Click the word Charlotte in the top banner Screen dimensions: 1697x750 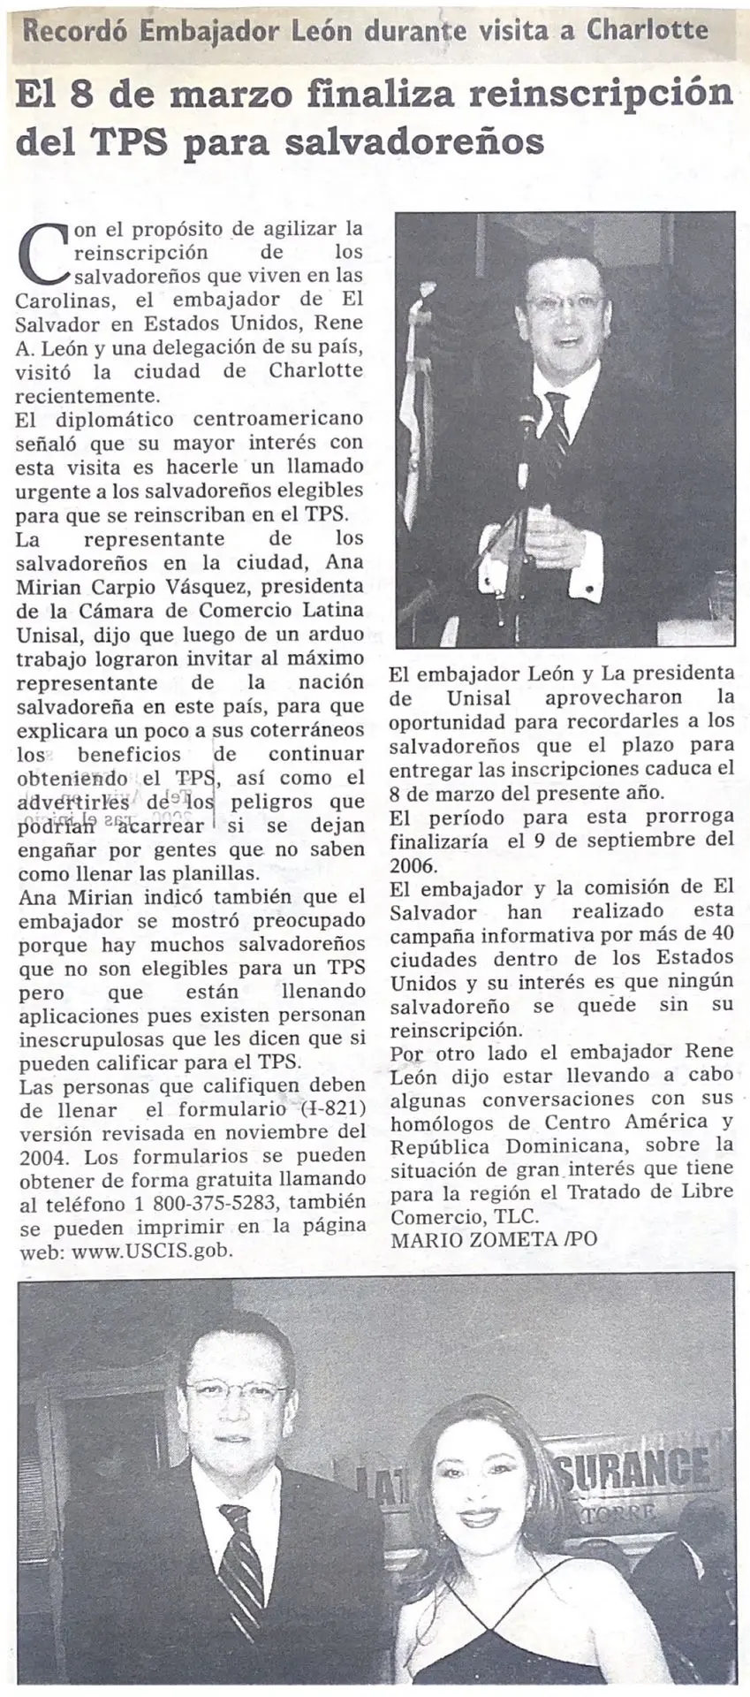click(x=649, y=31)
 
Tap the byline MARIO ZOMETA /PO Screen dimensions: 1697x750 click(x=493, y=1239)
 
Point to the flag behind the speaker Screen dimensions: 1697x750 click(x=413, y=407)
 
